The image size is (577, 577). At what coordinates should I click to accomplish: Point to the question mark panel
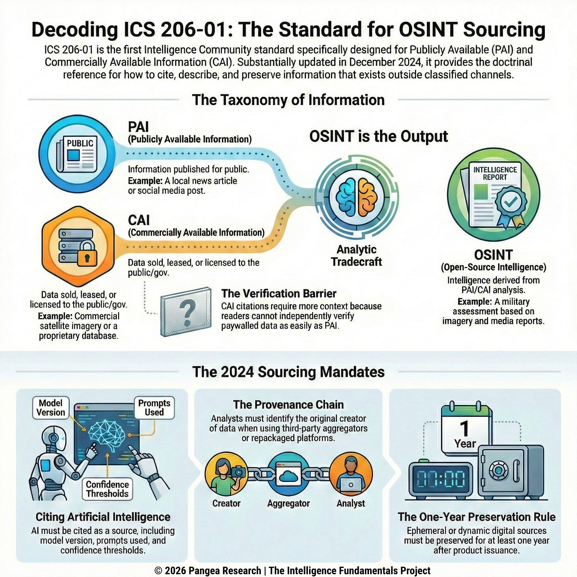point(186,311)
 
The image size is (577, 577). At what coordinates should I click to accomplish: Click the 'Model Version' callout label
point(51,408)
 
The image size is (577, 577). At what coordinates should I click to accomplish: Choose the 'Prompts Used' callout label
point(154,408)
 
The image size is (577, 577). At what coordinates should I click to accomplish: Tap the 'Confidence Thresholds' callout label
point(107,489)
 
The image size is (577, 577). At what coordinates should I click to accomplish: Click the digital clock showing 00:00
point(441,479)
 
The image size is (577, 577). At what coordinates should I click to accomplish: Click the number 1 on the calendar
point(464,428)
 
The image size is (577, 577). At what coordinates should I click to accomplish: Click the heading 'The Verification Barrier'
point(279,294)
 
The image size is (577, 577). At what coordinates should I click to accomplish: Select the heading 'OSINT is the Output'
point(378,136)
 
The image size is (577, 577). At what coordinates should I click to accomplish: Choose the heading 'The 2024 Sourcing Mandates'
point(288,372)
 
